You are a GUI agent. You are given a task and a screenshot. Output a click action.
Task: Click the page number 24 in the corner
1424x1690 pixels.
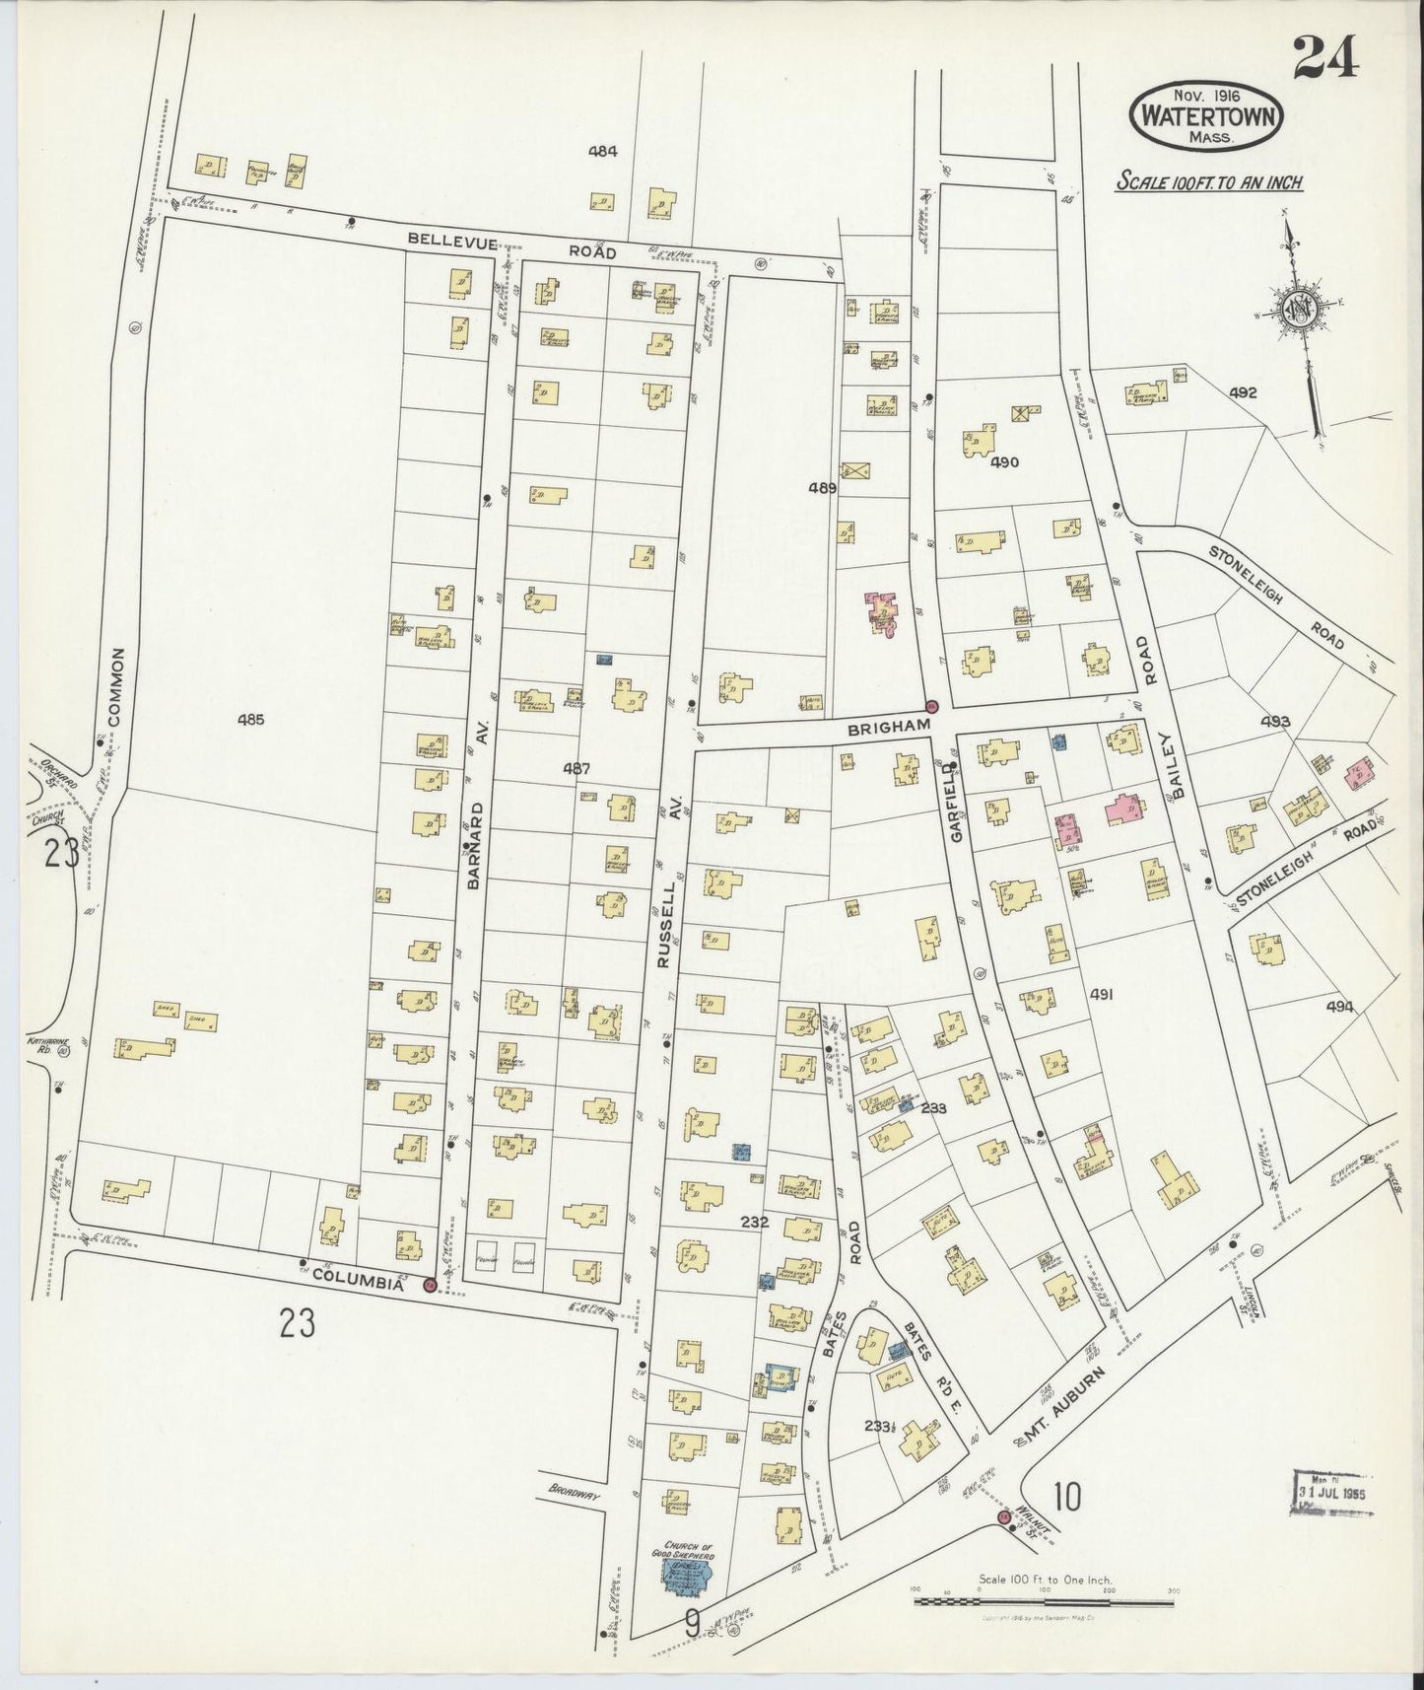coord(1325,56)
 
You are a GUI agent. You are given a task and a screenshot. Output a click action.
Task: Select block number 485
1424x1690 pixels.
coord(250,719)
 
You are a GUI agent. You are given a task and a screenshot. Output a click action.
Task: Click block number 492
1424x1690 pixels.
coord(1243,392)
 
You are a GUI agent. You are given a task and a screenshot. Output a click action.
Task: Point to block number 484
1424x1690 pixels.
coord(602,151)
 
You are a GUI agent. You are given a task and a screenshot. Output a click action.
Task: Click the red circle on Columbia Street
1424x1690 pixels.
coord(430,1285)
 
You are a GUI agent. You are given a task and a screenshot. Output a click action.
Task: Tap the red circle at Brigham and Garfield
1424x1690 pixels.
coord(931,706)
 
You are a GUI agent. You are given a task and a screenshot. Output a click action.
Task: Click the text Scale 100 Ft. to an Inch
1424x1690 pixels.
coord(1209,182)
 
